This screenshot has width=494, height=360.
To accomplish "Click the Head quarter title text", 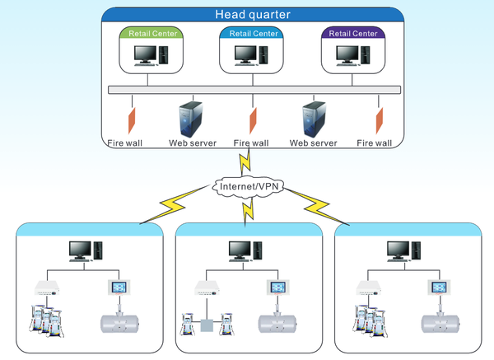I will [x=253, y=13].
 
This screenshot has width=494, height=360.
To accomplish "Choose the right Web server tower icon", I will [x=312, y=117].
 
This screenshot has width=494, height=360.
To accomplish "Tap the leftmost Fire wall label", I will [x=124, y=143].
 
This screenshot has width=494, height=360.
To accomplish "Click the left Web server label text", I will [x=193, y=143].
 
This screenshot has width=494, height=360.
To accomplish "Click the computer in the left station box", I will [x=85, y=251].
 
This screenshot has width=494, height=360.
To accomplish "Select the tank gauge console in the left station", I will [x=120, y=288].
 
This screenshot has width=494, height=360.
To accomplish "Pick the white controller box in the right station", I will [x=369, y=288].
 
